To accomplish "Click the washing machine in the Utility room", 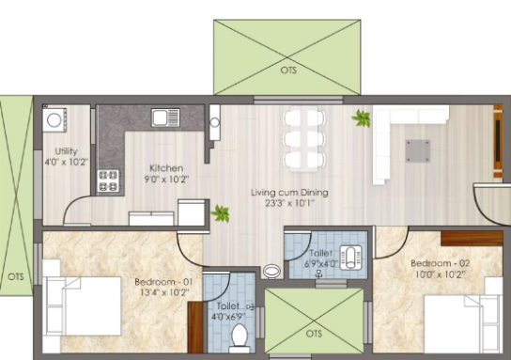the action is [54, 120].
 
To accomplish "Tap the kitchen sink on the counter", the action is [165, 117].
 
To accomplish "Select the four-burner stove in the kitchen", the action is [108, 180].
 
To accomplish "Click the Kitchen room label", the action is [166, 168].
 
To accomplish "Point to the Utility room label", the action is [66, 151].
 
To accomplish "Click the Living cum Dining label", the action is [289, 193].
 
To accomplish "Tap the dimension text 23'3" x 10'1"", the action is [289, 203].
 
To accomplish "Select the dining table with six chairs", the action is [303, 138].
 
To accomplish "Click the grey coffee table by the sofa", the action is [418, 151].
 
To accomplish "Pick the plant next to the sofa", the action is [362, 118].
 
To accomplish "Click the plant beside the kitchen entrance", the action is [221, 214].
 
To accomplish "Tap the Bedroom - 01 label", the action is [163, 282].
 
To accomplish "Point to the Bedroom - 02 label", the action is [440, 263].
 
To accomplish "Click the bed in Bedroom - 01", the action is [82, 306].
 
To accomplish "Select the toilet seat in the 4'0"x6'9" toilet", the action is [240, 337].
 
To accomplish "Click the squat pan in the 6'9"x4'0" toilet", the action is [351, 258].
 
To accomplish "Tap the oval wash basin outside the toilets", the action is [271, 272].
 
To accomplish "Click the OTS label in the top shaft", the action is [288, 70].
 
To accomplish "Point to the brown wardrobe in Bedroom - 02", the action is [472, 239].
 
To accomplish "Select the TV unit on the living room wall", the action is [498, 141].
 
